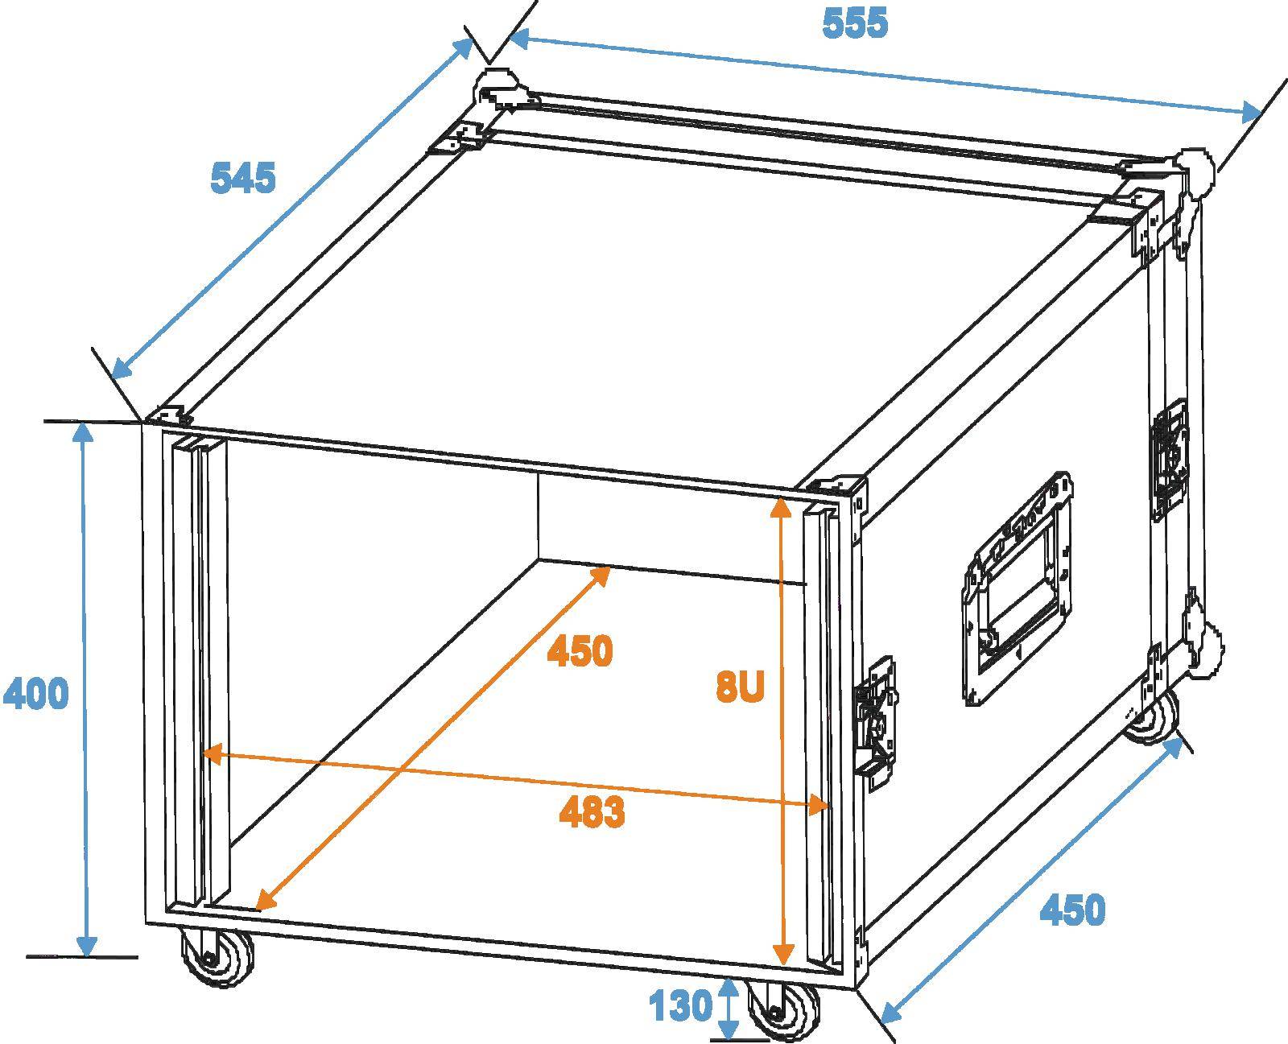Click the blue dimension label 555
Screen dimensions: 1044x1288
855,23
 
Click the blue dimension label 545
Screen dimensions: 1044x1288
242,178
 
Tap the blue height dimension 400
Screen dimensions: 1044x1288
36,694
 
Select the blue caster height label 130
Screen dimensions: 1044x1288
681,1005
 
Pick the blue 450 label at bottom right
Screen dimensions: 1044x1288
1072,910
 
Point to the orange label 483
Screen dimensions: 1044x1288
592,813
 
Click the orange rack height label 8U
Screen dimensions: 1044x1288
739,688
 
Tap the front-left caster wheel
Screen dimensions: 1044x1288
216,958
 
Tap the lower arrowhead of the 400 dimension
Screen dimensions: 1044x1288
86,945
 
